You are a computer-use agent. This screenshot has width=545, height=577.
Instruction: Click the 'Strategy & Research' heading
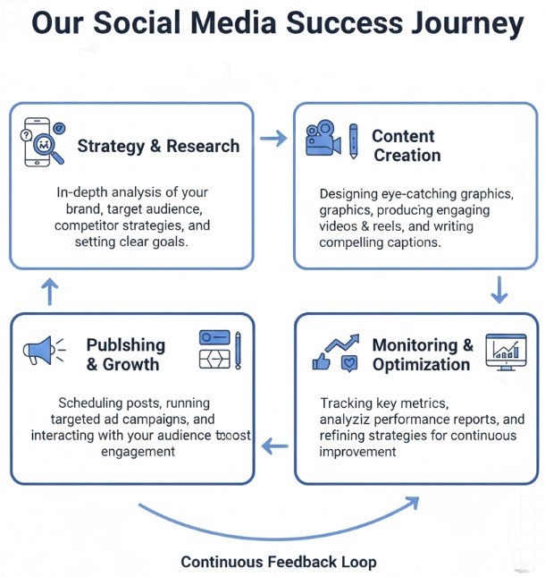pos(158,146)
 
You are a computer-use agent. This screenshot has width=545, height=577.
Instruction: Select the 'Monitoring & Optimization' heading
pos(422,355)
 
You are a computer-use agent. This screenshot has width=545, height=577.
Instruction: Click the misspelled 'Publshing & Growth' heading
pos(125,354)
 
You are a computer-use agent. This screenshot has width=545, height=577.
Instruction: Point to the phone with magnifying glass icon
pos(40,142)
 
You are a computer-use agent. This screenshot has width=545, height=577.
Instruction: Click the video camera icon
pos(323,140)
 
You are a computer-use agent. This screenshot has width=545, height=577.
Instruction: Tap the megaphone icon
pos(45,350)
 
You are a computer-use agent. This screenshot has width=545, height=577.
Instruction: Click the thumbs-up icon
pos(320,362)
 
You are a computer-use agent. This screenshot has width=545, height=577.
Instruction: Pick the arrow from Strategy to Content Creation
pos(273,139)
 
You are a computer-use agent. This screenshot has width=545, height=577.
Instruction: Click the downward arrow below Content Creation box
pos(499,290)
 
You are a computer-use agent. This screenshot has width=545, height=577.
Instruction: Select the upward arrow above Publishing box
pos(50,291)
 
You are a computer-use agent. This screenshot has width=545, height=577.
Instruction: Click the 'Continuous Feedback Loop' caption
pos(278,562)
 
